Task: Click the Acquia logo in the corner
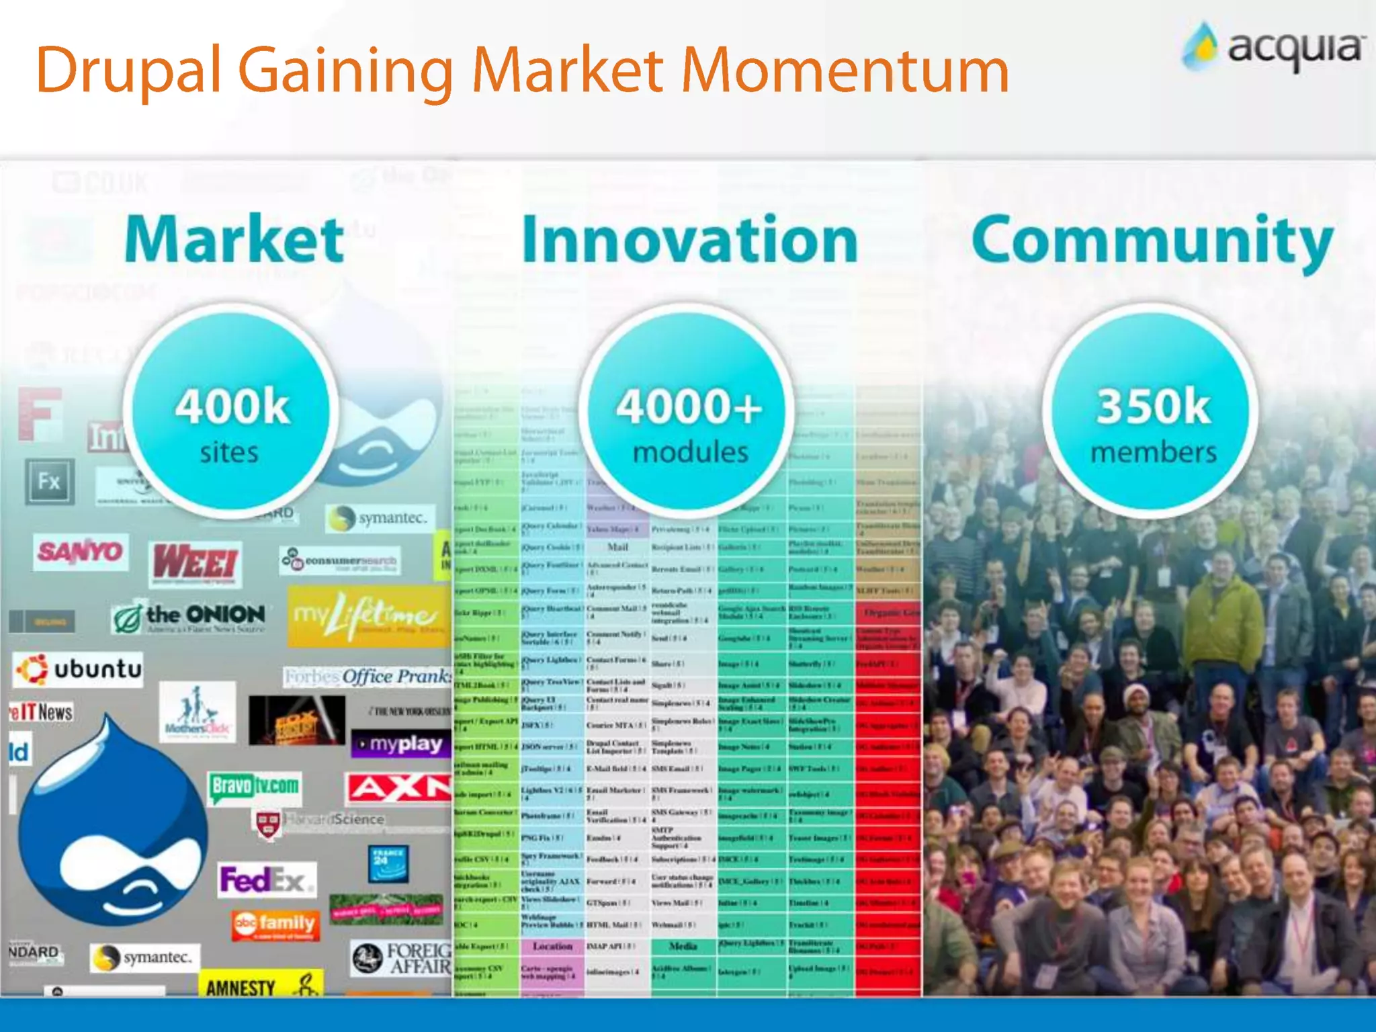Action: [1274, 47]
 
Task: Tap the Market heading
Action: [234, 240]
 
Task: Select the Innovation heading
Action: [690, 240]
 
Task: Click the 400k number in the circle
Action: [232, 406]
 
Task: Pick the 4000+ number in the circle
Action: [689, 406]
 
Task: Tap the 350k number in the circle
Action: [1153, 406]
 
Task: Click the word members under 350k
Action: [1153, 452]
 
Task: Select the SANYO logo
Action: [81, 552]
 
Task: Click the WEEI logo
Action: [195, 563]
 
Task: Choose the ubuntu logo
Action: [79, 669]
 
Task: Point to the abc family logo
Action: [275, 924]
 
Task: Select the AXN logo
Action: [398, 787]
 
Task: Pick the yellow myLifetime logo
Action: [368, 615]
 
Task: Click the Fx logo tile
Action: [49, 482]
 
